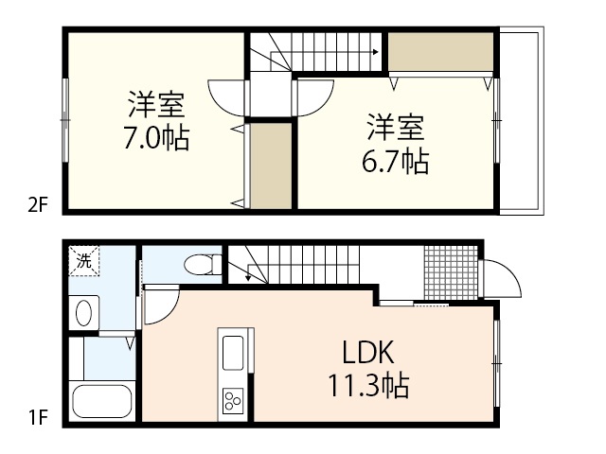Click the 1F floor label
(x=35, y=415)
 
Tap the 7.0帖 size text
(x=155, y=139)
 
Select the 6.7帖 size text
(x=396, y=162)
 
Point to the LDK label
(x=367, y=353)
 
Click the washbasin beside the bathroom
(x=83, y=311)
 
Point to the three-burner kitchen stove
(x=233, y=401)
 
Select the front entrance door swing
(x=499, y=280)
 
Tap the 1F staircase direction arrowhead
(x=249, y=277)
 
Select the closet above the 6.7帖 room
(x=441, y=52)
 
